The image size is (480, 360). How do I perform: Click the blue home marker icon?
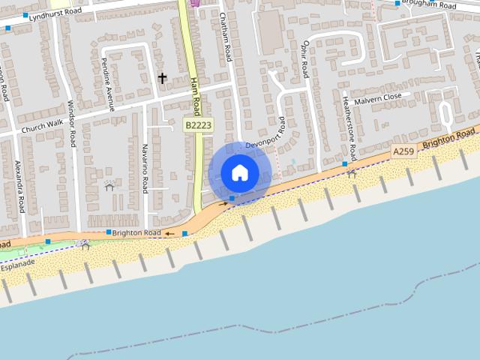[239, 172]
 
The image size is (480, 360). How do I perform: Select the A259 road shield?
[403, 152]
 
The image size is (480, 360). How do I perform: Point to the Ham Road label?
[195, 96]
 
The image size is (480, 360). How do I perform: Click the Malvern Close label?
[379, 99]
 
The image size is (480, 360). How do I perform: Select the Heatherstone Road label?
[347, 127]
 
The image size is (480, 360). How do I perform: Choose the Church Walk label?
[43, 128]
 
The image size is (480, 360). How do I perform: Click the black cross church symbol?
[162, 77]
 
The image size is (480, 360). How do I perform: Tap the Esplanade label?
[18, 265]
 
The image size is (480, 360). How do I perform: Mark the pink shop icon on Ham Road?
[196, 3]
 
